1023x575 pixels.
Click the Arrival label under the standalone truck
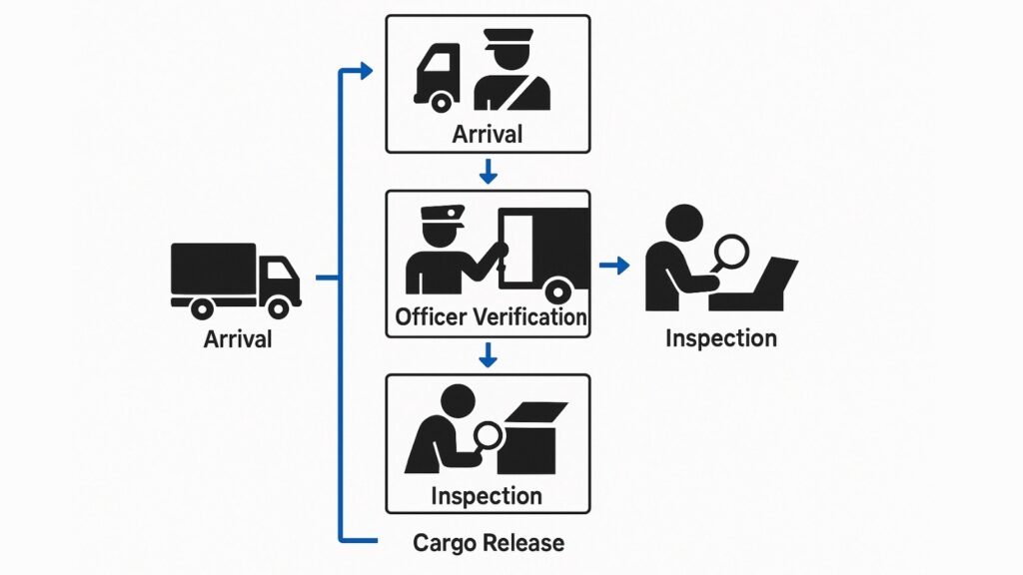[238, 338]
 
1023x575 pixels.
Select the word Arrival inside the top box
[488, 134]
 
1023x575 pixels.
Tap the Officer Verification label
[491, 317]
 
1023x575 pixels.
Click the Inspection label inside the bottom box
[487, 495]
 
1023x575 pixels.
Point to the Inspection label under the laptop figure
[720, 337]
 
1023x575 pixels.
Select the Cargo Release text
[489, 543]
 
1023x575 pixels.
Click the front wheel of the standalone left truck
[283, 306]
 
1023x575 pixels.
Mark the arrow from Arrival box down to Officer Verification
[488, 171]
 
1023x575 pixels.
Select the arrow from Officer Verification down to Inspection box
[488, 354]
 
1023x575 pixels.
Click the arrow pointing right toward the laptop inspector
[614, 265]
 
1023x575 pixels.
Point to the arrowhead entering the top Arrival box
[366, 70]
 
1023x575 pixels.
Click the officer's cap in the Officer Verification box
[440, 214]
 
